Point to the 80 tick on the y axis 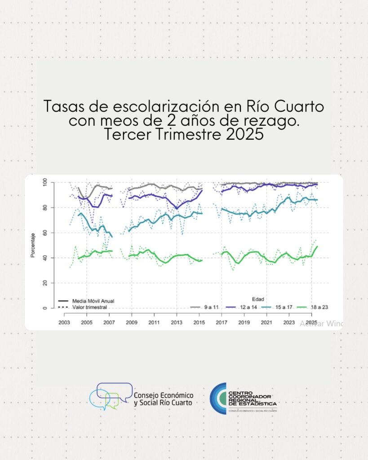click(x=45, y=208)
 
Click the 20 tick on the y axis click(x=45, y=283)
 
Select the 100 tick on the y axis click(x=44, y=182)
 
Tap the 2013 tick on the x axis click(x=177, y=323)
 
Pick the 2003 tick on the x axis click(x=64, y=323)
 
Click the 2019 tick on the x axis click(x=244, y=323)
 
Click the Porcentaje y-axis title click(x=33, y=245)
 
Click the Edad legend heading click(x=258, y=299)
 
